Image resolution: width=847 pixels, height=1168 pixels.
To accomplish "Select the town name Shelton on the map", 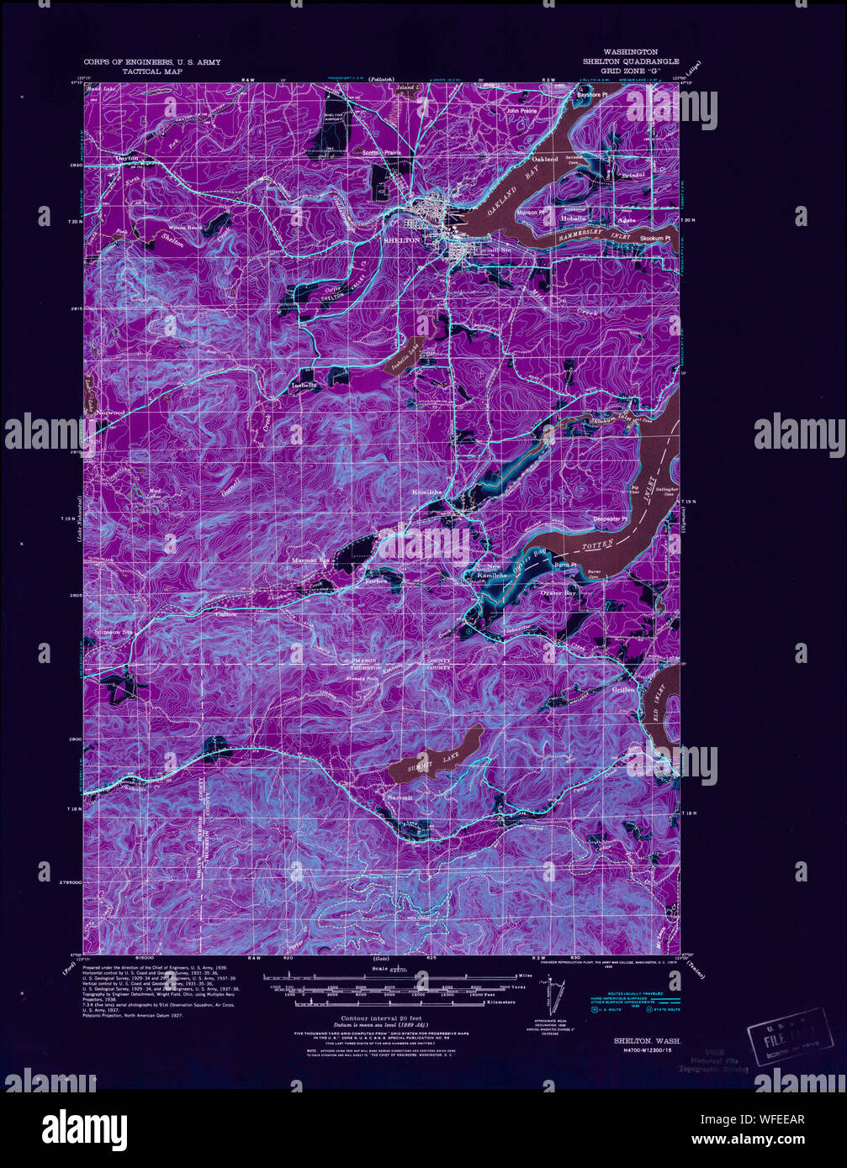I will coord(400,240).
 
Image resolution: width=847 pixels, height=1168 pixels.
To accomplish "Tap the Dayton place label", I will coord(126,158).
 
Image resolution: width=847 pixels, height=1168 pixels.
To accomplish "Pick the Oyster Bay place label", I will coord(558,593).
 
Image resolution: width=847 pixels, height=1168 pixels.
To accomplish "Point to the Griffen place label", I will coord(624,690).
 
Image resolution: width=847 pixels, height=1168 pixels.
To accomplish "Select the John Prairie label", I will coord(521,110).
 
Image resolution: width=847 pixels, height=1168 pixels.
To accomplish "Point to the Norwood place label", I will coord(109,413).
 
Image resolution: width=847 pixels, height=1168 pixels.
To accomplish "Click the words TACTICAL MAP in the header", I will coord(152,72).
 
